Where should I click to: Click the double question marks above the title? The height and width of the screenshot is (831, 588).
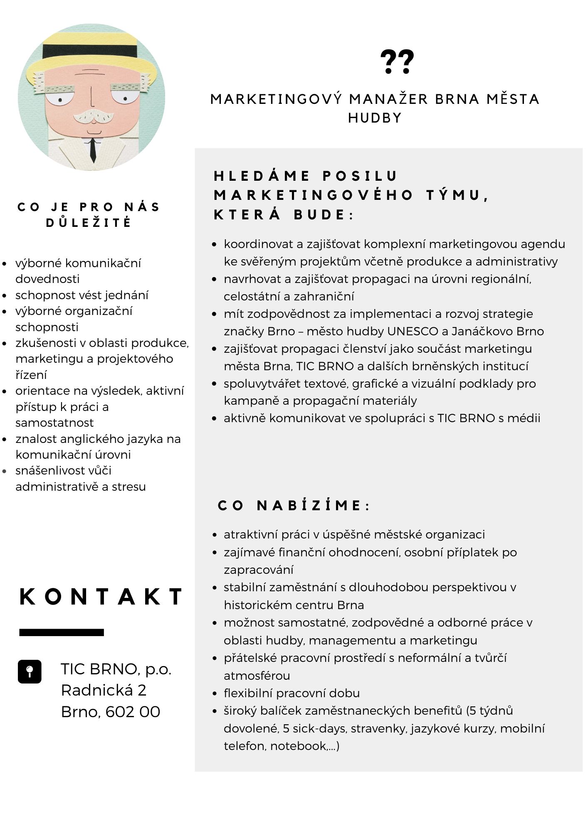pos(397,62)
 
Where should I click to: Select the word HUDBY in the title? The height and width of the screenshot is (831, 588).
pos(375,118)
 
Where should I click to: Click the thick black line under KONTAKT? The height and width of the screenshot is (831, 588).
pos(62,632)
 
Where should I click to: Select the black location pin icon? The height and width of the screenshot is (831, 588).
pos(30,671)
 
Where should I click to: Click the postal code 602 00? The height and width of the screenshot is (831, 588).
pos(133,712)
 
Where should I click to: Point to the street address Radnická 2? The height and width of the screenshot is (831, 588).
pos(104,690)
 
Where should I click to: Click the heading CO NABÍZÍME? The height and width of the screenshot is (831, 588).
pos(294,506)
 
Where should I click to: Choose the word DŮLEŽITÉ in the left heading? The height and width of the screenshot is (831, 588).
pos(89,223)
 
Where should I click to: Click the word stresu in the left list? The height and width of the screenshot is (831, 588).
pos(129,487)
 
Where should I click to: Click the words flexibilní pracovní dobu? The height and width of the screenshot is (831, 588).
pos(292,693)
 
